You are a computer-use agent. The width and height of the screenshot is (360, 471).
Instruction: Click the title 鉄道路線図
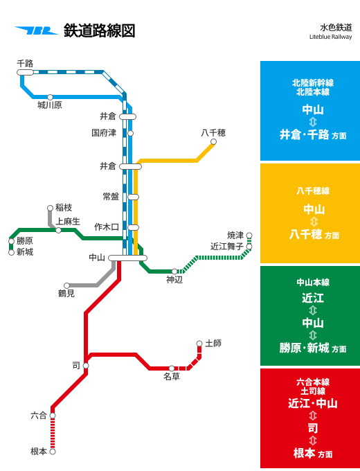[100, 30]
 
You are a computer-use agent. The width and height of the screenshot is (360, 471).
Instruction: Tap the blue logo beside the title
[36, 30]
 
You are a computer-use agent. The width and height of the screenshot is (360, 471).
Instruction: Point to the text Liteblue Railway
[330, 37]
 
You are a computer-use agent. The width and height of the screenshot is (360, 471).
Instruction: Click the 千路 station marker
[25, 73]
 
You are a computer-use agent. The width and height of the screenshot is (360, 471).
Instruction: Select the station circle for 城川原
[50, 98]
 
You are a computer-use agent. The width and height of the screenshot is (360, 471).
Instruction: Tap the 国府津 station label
[104, 133]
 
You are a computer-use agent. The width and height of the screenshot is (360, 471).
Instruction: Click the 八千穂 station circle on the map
[213, 142]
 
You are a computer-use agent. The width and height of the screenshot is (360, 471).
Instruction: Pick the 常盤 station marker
[134, 197]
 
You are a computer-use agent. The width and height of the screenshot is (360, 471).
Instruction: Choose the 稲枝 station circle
[50, 208]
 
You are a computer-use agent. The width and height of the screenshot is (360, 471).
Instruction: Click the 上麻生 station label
[68, 222]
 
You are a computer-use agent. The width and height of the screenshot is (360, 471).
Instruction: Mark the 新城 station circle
[11, 253]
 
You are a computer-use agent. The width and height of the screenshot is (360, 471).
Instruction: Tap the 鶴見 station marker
[66, 285]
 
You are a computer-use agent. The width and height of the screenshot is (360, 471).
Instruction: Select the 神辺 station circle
[174, 272]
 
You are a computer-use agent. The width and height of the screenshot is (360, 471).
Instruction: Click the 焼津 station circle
[249, 235]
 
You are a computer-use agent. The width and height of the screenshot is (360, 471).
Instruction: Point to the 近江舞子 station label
[227, 247]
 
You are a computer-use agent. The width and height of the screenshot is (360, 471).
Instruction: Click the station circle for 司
[86, 366]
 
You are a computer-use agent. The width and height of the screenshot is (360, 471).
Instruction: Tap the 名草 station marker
[172, 368]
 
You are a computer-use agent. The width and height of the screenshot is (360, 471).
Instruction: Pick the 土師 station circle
[199, 344]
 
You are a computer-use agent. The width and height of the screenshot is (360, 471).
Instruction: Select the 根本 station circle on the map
[53, 452]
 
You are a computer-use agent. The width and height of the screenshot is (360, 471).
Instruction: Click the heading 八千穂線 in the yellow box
[313, 190]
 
